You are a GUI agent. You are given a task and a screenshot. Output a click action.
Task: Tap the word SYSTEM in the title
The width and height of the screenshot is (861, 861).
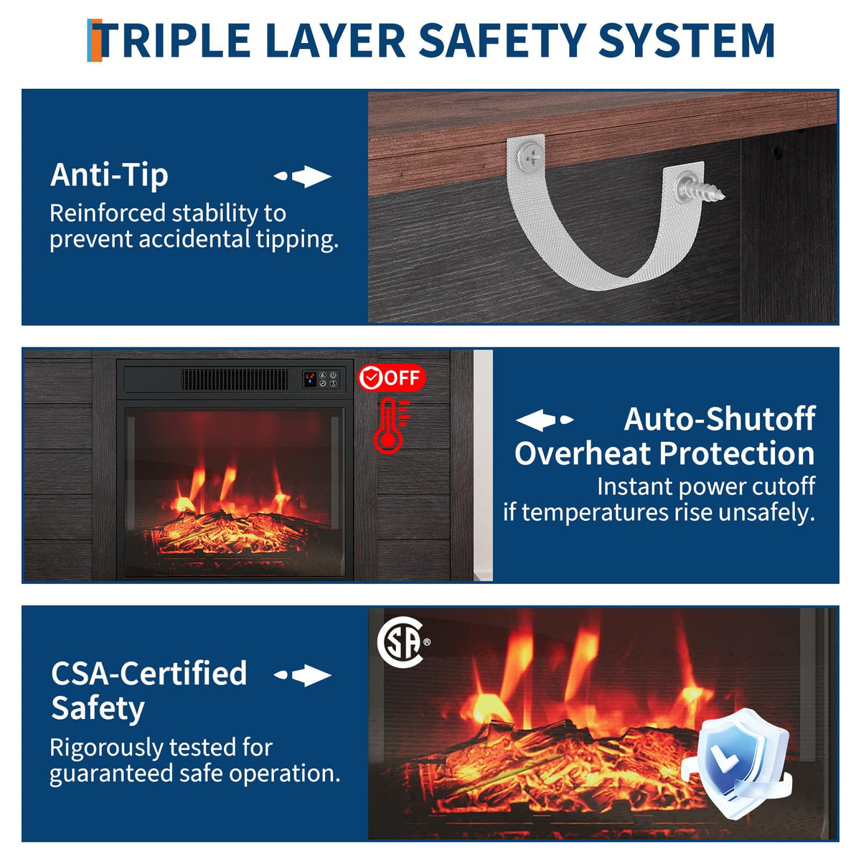point(685,40)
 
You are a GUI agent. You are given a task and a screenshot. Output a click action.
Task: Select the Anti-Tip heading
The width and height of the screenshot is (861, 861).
point(109,176)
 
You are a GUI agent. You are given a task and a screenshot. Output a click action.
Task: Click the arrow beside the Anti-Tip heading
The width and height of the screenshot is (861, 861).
point(303,176)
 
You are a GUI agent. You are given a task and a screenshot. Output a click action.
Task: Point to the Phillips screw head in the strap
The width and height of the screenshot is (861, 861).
point(530,157)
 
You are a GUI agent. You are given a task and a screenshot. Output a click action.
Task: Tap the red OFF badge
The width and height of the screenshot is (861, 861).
point(392,378)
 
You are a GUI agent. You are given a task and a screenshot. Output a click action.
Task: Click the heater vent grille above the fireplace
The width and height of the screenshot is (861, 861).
point(235,380)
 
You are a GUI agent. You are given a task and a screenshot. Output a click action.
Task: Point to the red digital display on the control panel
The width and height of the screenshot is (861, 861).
point(310,379)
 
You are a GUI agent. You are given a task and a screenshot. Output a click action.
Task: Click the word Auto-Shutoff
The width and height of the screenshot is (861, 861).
point(720,419)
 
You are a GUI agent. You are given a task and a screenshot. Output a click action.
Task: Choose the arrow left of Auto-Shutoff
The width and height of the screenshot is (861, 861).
point(544,420)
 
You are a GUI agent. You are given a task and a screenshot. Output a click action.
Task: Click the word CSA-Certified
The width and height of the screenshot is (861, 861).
point(149,673)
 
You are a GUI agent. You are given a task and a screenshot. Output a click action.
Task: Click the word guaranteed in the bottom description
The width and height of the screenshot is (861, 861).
point(111,773)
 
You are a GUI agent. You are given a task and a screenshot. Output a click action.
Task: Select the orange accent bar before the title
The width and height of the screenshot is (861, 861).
point(94,40)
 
